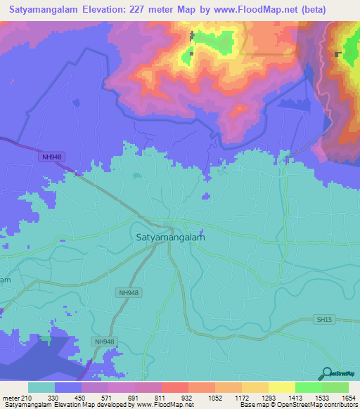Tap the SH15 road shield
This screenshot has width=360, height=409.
tap(322, 320)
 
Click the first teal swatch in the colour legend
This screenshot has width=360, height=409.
tap(41, 387)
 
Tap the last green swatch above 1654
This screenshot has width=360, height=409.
tap(335, 387)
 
